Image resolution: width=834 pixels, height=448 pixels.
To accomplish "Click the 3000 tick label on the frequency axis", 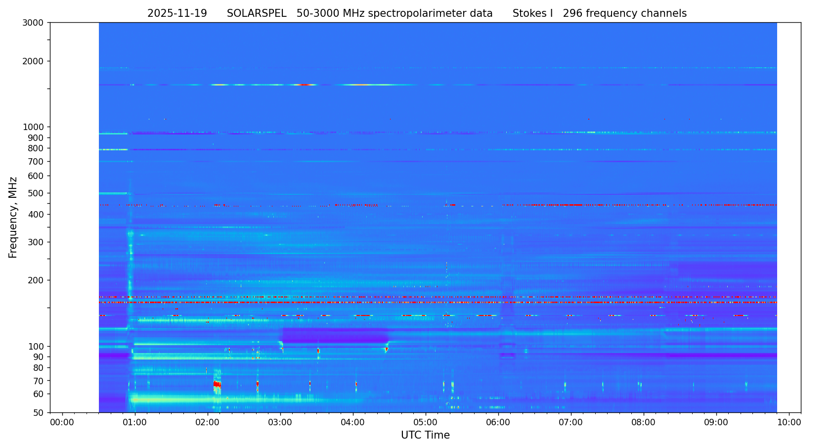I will pyautogui.click(x=35, y=22).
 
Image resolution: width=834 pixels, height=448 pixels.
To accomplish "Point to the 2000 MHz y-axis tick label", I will pyautogui.click(x=35, y=61).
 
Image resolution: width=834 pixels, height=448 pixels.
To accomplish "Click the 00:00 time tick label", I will pyautogui.click(x=62, y=422).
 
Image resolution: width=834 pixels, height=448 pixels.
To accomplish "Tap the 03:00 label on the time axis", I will pyautogui.click(x=280, y=422).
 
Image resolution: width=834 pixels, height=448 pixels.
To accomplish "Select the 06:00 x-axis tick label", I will pyautogui.click(x=498, y=422).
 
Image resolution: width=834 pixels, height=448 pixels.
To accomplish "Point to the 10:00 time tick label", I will pyautogui.click(x=789, y=422).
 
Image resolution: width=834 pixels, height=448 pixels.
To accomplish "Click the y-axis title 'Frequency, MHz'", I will pyautogui.click(x=13, y=217).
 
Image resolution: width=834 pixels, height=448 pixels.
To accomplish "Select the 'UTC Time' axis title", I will pyautogui.click(x=425, y=435).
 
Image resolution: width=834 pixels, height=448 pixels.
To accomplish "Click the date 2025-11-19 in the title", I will pyautogui.click(x=177, y=14).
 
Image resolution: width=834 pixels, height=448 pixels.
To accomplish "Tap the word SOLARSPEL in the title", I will pyautogui.click(x=257, y=14).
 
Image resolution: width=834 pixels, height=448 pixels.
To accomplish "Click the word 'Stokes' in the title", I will pyautogui.click(x=528, y=14).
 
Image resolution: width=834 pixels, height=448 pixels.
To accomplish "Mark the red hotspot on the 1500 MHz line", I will pyautogui.click(x=305, y=85).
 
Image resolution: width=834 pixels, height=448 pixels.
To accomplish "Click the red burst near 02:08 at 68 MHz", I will pyautogui.click(x=217, y=384).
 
